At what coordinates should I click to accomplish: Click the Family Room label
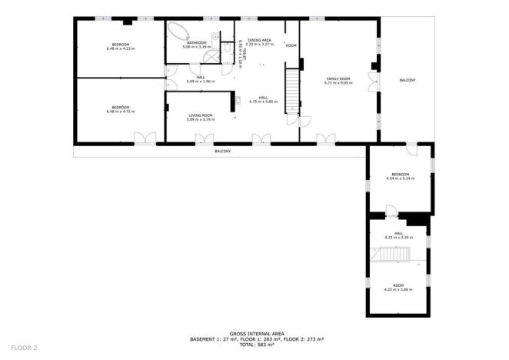point(338,78)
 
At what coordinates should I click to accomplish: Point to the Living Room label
point(201,115)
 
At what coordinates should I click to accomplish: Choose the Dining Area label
point(259,39)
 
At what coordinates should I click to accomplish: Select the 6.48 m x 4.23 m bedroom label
point(119,44)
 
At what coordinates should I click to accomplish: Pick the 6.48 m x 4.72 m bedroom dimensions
point(119,112)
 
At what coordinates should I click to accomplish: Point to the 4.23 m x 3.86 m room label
point(399,286)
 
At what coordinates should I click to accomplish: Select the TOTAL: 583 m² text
point(254,344)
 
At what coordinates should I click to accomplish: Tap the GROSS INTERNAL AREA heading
point(254,334)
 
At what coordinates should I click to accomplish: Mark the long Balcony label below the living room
point(222,151)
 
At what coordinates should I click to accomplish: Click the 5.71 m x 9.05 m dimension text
point(338,82)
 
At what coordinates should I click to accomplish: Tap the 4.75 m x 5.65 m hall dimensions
point(263,101)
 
